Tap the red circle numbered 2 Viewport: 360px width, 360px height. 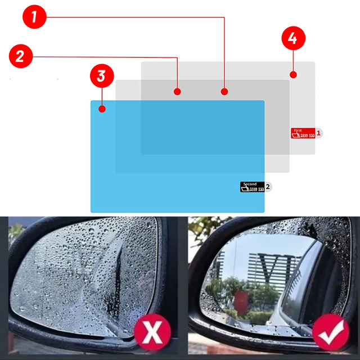pyautogui.click(x=20, y=56)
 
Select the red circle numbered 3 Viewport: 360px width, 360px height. pyautogui.click(x=101, y=75)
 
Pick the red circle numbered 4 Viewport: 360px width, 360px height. pyautogui.click(x=292, y=39)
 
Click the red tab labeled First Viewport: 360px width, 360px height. pyautogui.click(x=303, y=133)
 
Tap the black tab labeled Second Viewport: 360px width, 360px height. pyautogui.click(x=251, y=187)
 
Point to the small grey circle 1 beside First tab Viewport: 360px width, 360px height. pyautogui.click(x=319, y=133)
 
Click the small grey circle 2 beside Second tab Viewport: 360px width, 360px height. pyautogui.click(x=268, y=186)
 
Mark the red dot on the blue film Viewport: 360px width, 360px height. pyautogui.click(x=102, y=109)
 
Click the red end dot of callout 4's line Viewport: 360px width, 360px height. pyautogui.click(x=292, y=74)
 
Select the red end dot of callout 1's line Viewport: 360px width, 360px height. pyautogui.click(x=224, y=91)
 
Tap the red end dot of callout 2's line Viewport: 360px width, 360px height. pyautogui.click(x=177, y=91)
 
